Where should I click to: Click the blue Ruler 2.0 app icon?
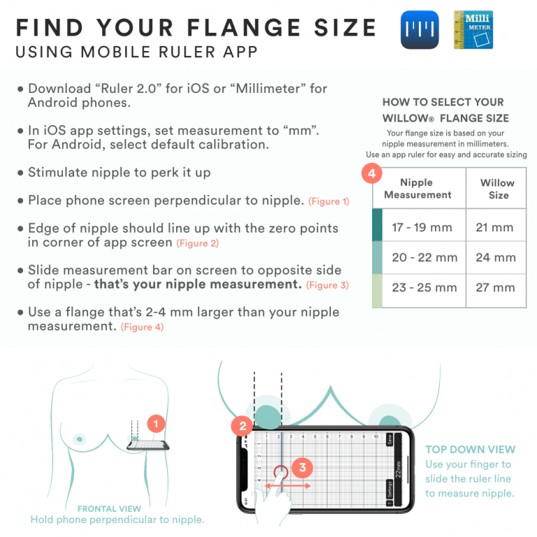click(x=420, y=29)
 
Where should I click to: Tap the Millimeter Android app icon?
click(x=473, y=29)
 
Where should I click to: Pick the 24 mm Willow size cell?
click(x=495, y=257)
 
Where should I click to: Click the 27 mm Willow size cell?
click(x=495, y=287)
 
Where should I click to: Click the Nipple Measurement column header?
click(x=417, y=188)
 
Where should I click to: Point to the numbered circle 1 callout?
click(x=157, y=423)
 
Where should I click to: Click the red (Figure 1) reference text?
click(x=329, y=202)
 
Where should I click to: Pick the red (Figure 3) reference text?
click(x=327, y=285)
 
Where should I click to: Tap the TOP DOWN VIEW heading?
click(x=470, y=450)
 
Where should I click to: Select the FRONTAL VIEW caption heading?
click(x=109, y=509)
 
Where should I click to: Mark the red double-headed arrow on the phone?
click(x=287, y=484)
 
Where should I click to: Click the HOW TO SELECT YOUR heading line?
click(x=443, y=102)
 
